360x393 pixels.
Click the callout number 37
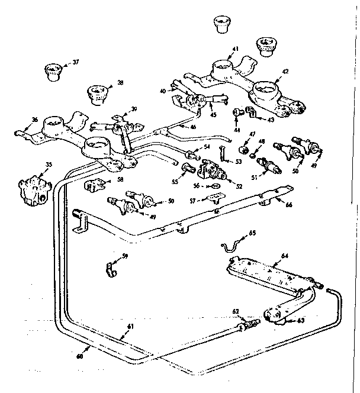point(75,62)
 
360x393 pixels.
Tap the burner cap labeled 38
point(96,93)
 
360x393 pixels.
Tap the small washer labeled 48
point(253,156)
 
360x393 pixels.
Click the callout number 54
point(207,146)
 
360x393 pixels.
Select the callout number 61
point(130,326)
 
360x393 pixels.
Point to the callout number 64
point(284,256)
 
